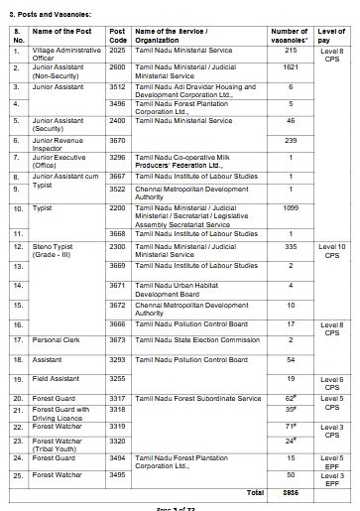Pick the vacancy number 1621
point(291,67)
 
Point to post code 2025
point(117,50)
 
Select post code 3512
point(117,86)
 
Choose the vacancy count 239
point(291,141)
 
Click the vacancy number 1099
point(291,207)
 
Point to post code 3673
point(117,339)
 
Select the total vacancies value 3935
point(291,491)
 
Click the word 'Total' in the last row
point(254,491)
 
